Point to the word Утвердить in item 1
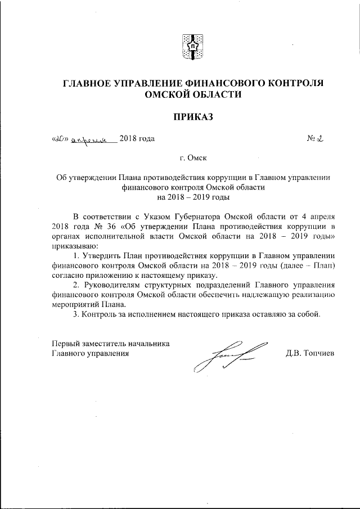pyautogui.click(x=101, y=256)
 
